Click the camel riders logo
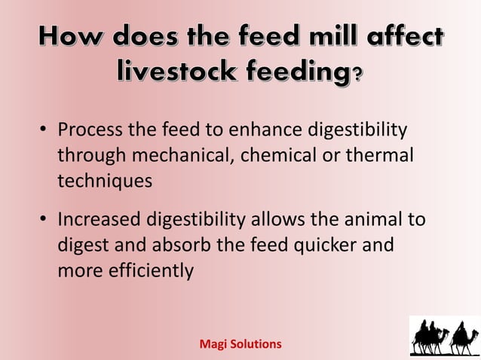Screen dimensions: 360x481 (444, 335)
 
